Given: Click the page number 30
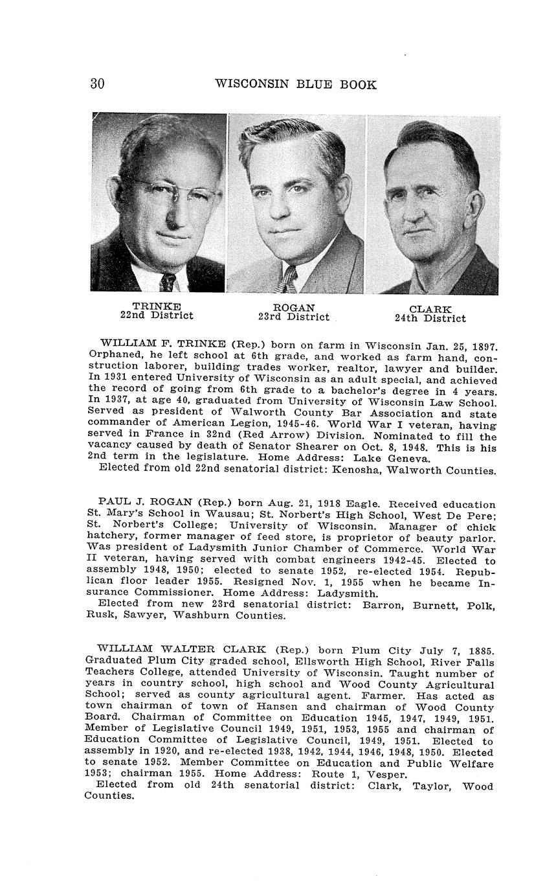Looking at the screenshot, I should tap(97, 84).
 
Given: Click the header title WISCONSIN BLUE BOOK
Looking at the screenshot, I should tap(295, 84).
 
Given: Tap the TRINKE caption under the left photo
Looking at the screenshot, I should tap(157, 306).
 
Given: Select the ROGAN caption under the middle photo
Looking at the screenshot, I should tap(294, 307).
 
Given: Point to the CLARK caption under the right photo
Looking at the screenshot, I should tap(430, 309).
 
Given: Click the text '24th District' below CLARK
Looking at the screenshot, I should tap(430, 318).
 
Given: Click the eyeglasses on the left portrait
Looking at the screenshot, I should tap(172, 190).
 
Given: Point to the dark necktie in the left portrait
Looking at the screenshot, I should tap(168, 281).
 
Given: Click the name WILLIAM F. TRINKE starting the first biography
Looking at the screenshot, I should tap(162, 343).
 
